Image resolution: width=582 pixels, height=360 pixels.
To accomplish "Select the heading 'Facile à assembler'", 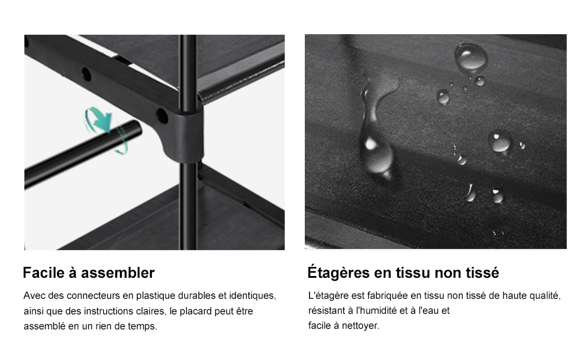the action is (x=89, y=273).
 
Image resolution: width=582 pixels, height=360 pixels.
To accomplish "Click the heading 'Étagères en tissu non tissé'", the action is (x=403, y=272).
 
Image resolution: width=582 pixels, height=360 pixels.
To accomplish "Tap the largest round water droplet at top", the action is (x=471, y=56).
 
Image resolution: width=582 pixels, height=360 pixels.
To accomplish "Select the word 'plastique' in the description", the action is (x=155, y=296).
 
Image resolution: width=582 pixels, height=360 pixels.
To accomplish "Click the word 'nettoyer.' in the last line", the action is (x=361, y=325).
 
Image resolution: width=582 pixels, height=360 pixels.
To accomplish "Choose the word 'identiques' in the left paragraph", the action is (x=253, y=296).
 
